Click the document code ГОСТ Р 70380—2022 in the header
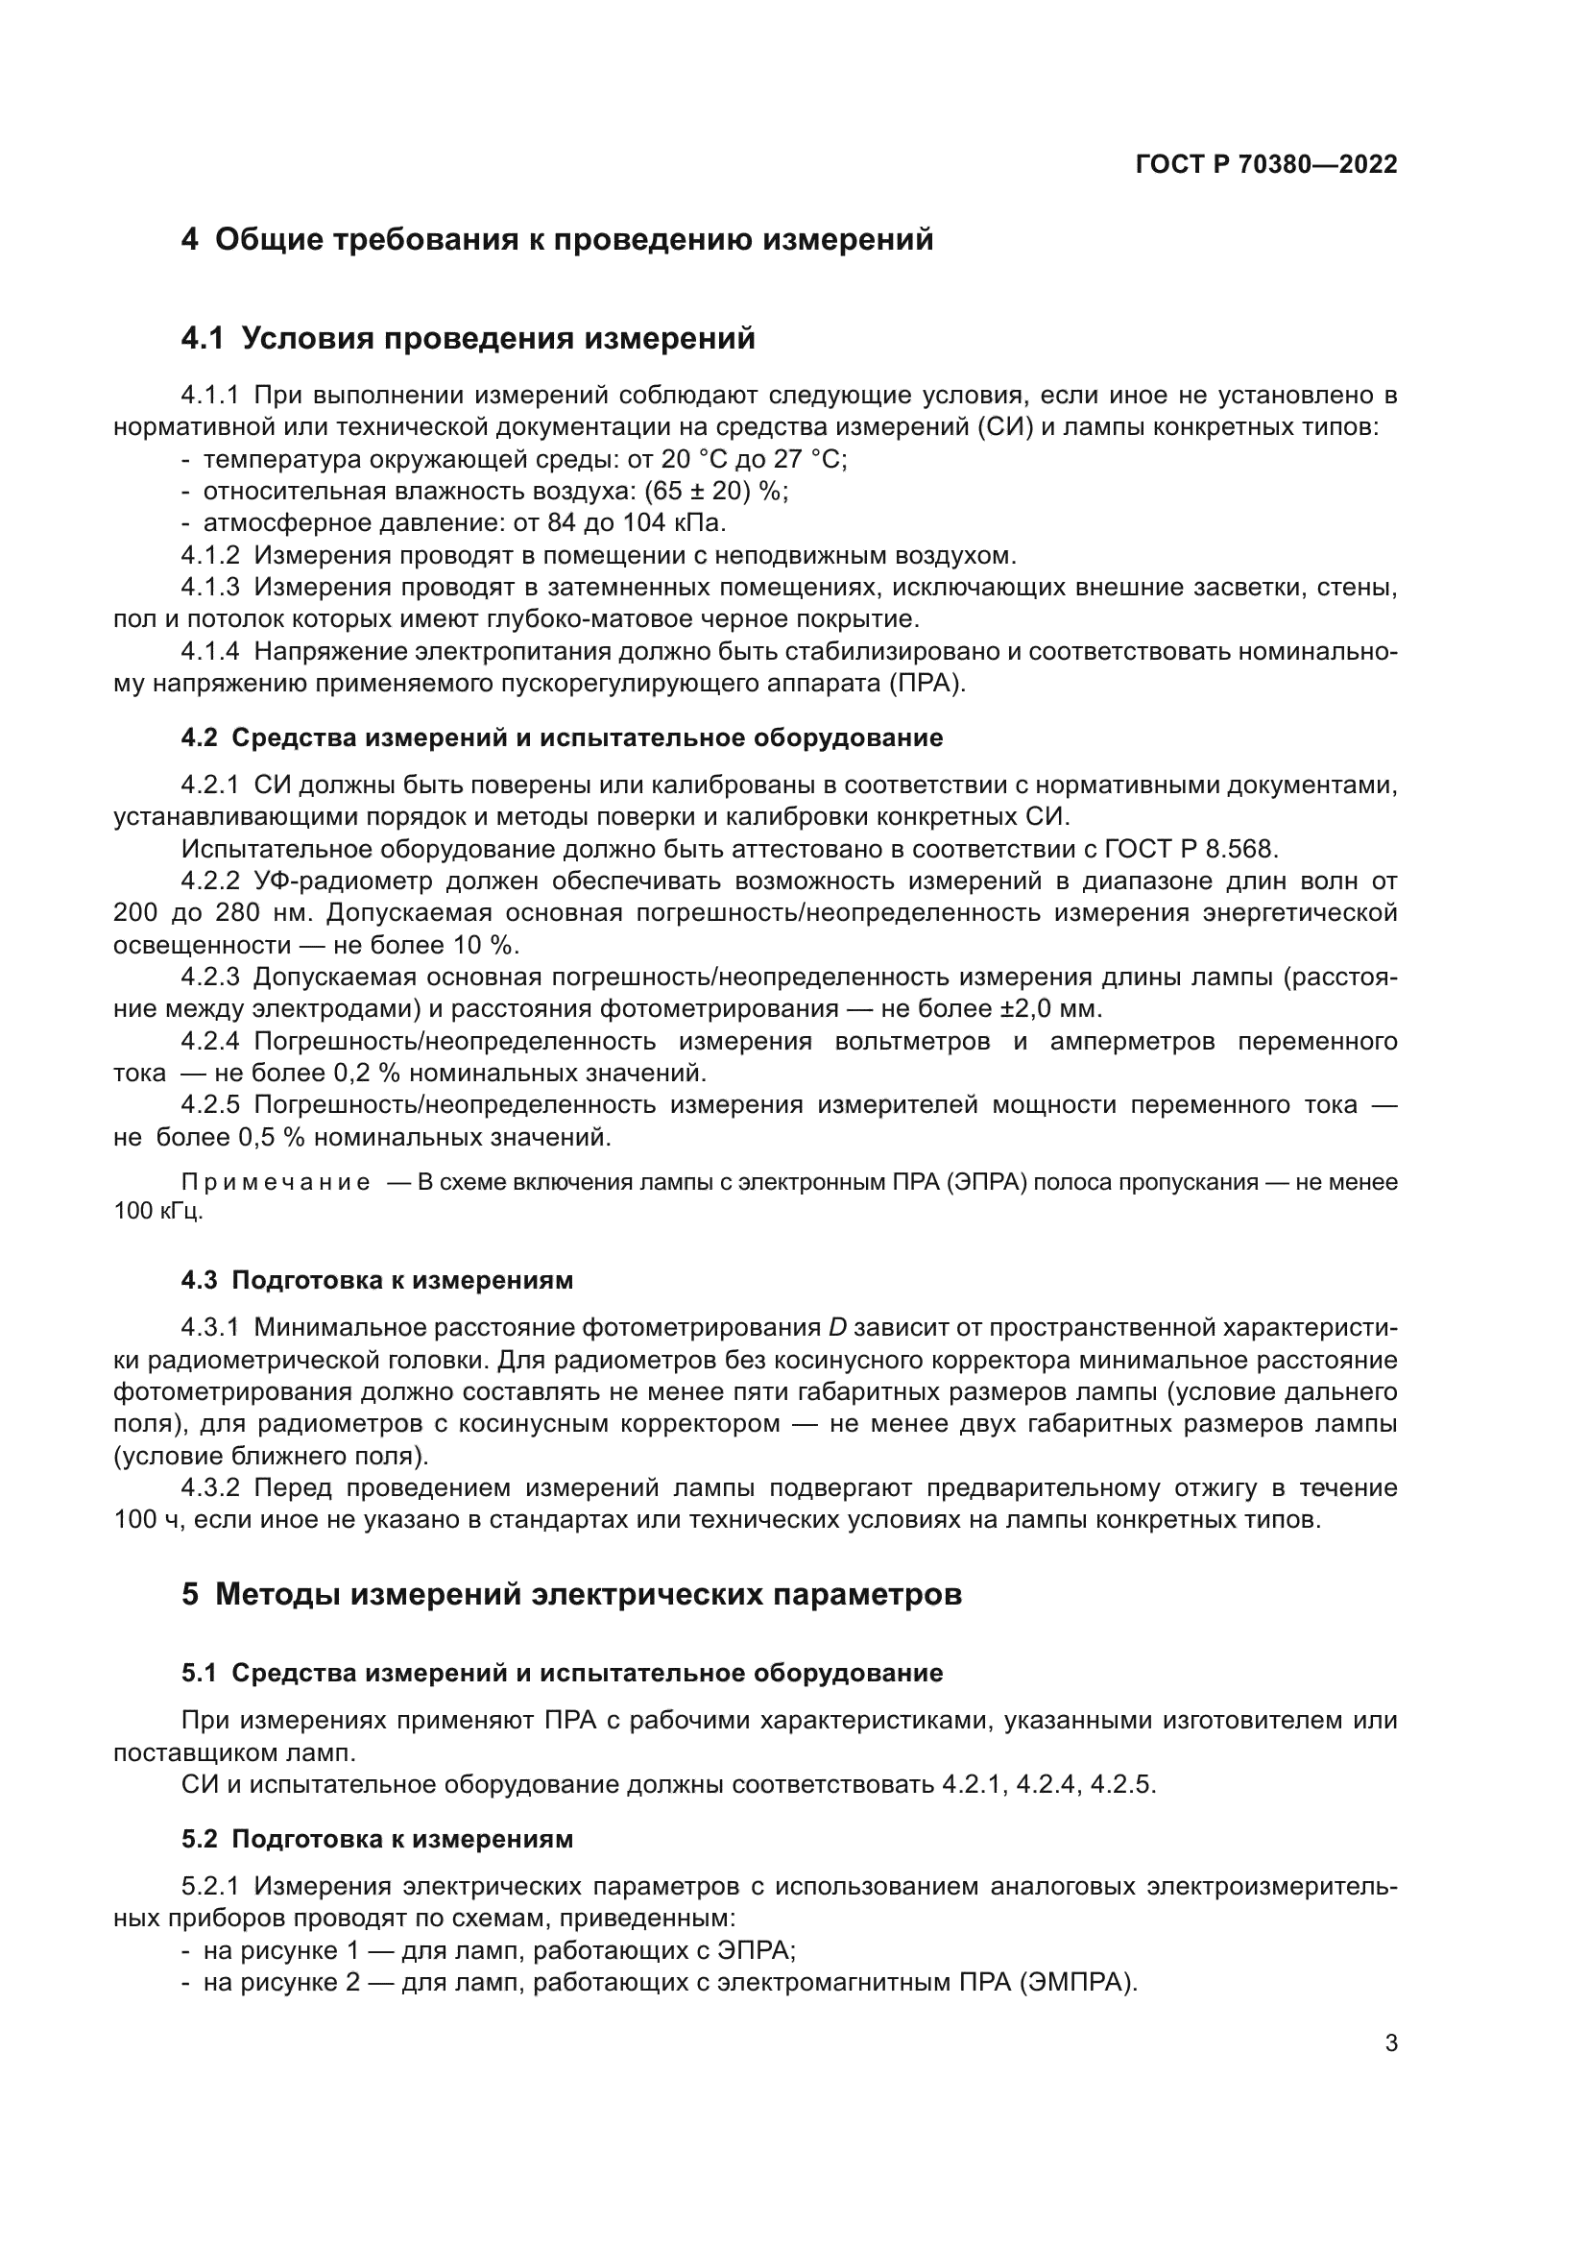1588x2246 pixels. coord(1265,164)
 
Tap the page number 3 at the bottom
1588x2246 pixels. coord(1390,2043)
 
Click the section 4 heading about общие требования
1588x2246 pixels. coord(558,240)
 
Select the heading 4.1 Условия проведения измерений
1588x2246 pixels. coord(469,338)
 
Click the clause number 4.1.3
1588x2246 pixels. coord(210,587)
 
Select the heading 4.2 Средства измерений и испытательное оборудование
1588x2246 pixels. coord(563,737)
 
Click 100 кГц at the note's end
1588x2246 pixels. coord(157,1211)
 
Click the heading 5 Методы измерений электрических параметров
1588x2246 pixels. coord(571,1595)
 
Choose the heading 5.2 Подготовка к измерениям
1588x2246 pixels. coord(377,1839)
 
